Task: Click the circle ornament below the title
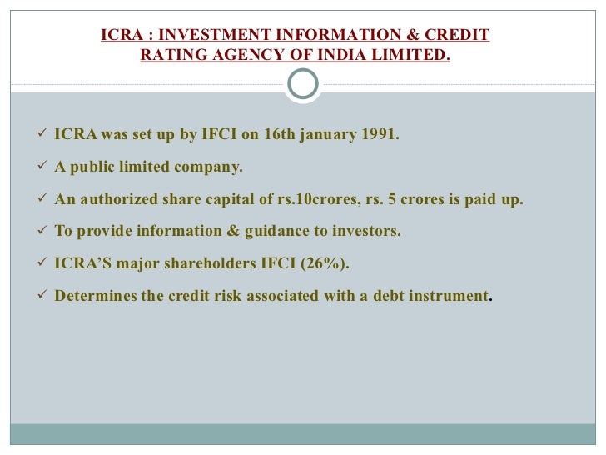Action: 302,84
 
